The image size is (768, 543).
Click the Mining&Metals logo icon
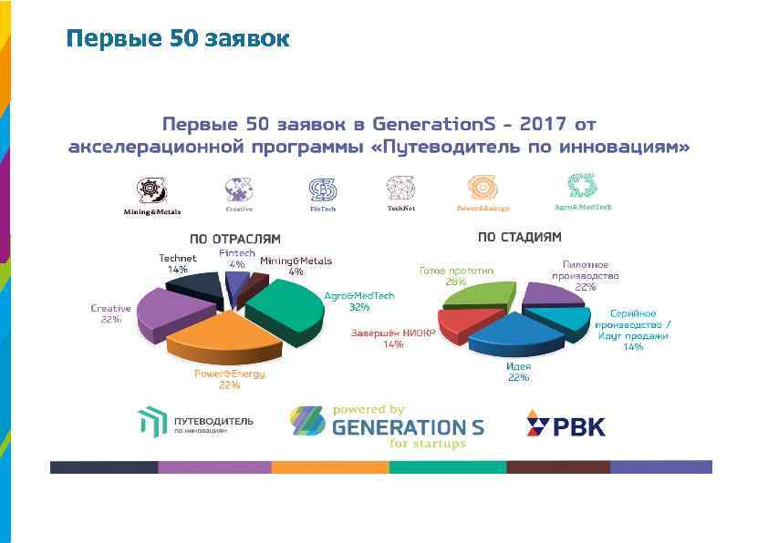[x=151, y=190]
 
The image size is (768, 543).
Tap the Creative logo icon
[x=238, y=189]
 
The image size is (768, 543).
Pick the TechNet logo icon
[x=400, y=187]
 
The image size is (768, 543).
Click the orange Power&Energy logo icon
[x=483, y=188]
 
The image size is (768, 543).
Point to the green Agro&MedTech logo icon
[x=582, y=185]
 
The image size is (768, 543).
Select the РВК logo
[x=565, y=425]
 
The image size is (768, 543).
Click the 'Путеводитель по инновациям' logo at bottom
[x=195, y=424]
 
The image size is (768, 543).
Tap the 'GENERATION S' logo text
[x=408, y=426]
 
